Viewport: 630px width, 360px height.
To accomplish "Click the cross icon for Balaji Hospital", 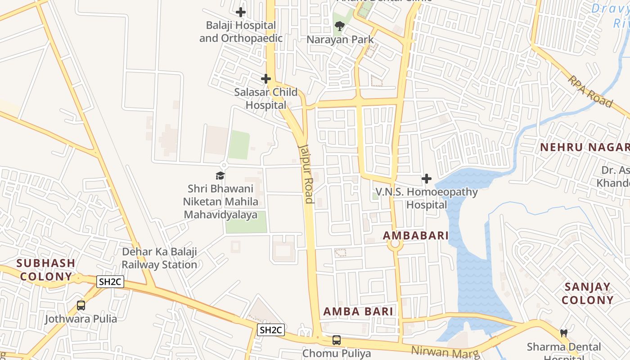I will pyautogui.click(x=241, y=12).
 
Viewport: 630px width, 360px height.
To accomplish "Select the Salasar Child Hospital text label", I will pyautogui.click(x=265, y=99).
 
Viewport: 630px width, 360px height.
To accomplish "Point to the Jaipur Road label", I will pyautogui.click(x=306, y=173).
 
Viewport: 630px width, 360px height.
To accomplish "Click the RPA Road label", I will pyautogui.click(x=590, y=91).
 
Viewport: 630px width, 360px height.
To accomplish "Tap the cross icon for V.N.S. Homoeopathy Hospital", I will pyautogui.click(x=426, y=179).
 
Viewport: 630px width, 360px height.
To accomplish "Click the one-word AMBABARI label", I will pyautogui.click(x=415, y=235).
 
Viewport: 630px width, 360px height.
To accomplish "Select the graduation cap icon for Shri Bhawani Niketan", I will pyautogui.click(x=220, y=175).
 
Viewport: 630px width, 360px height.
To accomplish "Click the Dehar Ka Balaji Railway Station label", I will pyautogui.click(x=159, y=258).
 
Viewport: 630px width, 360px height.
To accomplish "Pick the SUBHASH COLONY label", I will pyautogui.click(x=46, y=270).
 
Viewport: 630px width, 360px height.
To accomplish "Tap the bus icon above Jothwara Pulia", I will pyautogui.click(x=81, y=306).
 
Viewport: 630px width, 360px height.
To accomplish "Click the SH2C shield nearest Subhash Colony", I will pyautogui.click(x=110, y=282).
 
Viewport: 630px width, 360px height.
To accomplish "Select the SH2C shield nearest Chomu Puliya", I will pyautogui.click(x=270, y=330).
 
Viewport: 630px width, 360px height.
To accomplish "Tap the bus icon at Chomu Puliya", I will pyautogui.click(x=336, y=340).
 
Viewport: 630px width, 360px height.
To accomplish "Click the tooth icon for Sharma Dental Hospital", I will pyautogui.click(x=563, y=333).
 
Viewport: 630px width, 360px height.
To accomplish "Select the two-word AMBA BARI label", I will pyautogui.click(x=358, y=311).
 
